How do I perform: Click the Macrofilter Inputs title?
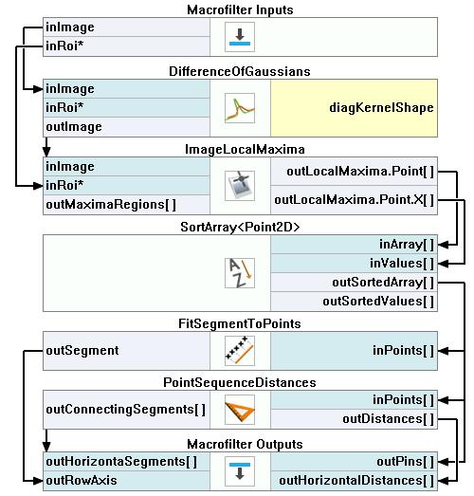pyautogui.click(x=240, y=9)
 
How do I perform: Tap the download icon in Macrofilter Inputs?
pyautogui.click(x=240, y=37)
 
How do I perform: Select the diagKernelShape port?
pyautogui.click(x=381, y=108)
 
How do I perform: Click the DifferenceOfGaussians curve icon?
pyautogui.click(x=240, y=108)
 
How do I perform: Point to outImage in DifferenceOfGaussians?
pyautogui.click(x=74, y=127)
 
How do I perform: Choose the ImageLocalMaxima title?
pyautogui.click(x=245, y=149)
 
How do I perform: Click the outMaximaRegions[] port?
pyautogui.click(x=111, y=205)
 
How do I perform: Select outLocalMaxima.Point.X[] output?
pyautogui.click(x=355, y=200)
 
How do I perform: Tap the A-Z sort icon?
pyautogui.click(x=240, y=273)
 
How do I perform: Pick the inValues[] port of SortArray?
pyautogui.click(x=402, y=264)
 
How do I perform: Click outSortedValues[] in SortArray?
pyautogui.click(x=378, y=302)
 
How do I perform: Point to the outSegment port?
pyautogui.click(x=82, y=351)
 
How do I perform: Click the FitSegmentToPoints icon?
pyautogui.click(x=240, y=351)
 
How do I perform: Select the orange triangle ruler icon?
pyautogui.click(x=240, y=410)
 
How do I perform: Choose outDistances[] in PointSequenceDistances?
pyautogui.click(x=389, y=419)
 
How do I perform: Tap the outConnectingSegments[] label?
pyautogui.click(x=126, y=410)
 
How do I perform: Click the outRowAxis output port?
pyautogui.click(x=82, y=481)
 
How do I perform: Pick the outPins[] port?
pyautogui.click(x=406, y=462)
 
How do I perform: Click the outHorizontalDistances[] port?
pyautogui.click(x=356, y=481)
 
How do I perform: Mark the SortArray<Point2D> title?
pyautogui.click(x=240, y=227)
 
